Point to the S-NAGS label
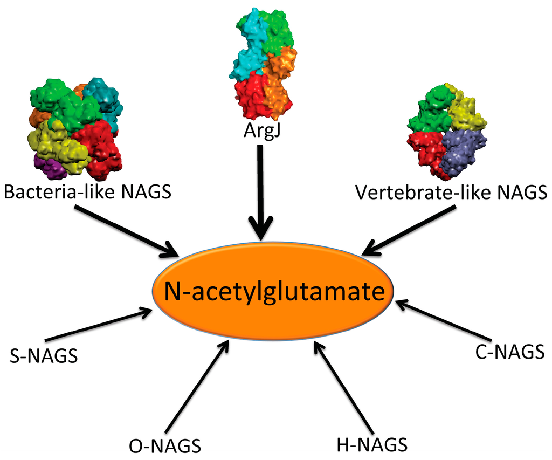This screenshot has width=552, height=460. coord(44,356)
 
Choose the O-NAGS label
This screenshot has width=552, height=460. coord(165,446)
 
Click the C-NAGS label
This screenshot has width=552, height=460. coord(509,352)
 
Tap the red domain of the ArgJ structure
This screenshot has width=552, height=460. coord(251,94)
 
